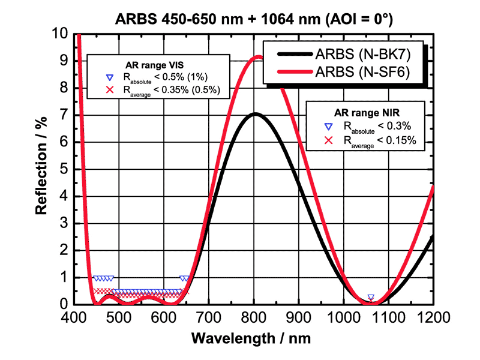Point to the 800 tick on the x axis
pos(254,316)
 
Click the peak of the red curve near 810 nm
pos(258,58)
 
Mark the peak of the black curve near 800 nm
pos(255,114)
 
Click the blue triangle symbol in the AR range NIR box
pos(328,127)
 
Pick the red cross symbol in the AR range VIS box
pos(109,90)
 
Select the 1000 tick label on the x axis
pos(343,316)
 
